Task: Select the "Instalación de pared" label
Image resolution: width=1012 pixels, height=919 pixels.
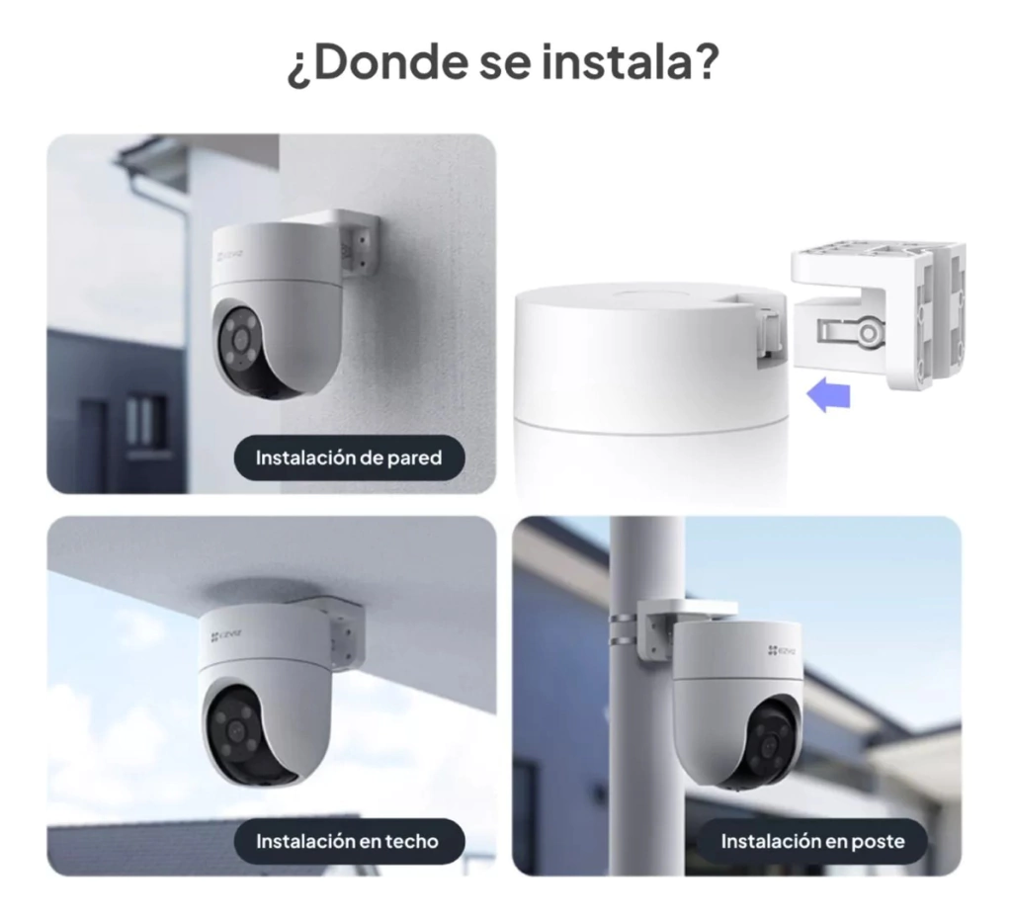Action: (349, 458)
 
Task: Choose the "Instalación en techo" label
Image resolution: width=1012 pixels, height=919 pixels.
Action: (349, 841)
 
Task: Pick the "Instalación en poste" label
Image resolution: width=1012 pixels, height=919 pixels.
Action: (812, 841)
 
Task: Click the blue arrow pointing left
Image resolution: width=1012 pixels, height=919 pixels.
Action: (829, 395)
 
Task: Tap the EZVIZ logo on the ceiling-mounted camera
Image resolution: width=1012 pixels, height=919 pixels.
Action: (226, 635)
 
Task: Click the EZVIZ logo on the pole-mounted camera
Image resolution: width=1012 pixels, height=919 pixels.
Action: (783, 650)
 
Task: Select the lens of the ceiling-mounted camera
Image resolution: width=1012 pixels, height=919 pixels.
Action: (233, 730)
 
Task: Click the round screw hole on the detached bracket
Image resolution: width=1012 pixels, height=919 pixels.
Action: (869, 333)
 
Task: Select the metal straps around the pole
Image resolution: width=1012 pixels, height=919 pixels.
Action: (624, 629)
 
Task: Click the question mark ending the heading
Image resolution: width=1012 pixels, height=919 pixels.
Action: (704, 61)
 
